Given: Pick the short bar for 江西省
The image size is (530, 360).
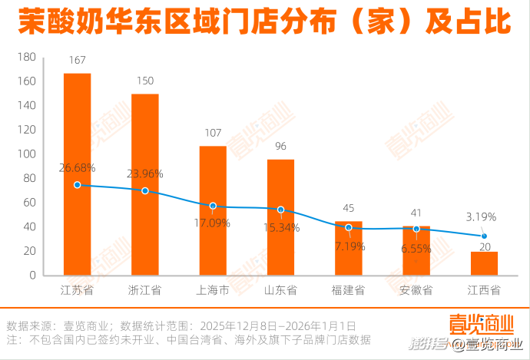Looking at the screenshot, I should click(484, 263).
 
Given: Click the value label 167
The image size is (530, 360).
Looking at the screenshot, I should click(77, 60).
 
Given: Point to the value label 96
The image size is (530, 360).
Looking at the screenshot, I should click(280, 147).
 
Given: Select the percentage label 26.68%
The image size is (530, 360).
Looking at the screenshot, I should click(77, 168).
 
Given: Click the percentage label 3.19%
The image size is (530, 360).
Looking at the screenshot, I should click(482, 217).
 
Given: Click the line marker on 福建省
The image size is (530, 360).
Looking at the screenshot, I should click(349, 227).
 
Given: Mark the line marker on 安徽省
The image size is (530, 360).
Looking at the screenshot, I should click(416, 229).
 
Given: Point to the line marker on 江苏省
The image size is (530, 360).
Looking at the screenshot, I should click(77, 185).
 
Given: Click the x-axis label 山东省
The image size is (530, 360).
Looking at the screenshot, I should click(280, 291).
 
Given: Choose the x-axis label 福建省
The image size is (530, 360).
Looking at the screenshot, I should click(349, 291).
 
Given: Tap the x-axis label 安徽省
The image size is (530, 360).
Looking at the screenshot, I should click(416, 291).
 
